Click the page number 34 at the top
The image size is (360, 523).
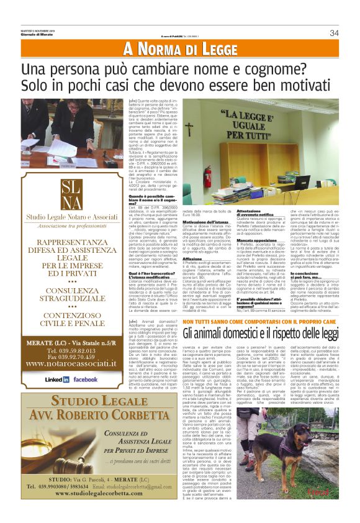point(334,32)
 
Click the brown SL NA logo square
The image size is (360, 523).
point(63,194)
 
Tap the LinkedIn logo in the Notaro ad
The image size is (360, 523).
point(57,379)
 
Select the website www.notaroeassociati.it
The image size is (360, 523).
point(63,366)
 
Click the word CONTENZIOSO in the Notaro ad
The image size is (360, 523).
point(63,313)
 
